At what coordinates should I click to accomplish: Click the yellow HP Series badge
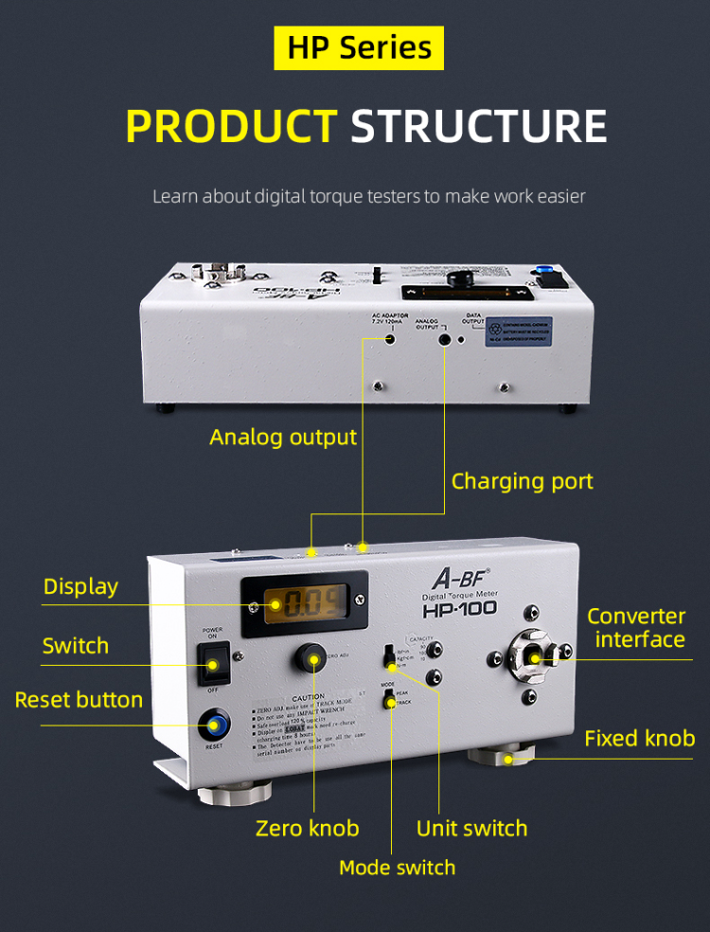[x=359, y=47]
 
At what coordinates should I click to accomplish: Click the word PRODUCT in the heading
[x=231, y=127]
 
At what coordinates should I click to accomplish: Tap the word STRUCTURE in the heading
[x=479, y=127]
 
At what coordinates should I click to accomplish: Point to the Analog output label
[x=283, y=437]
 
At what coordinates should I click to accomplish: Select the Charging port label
[x=522, y=481]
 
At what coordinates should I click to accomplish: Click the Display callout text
[x=80, y=586]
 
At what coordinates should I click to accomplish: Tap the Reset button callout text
[x=79, y=700]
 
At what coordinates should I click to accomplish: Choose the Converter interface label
[x=636, y=627]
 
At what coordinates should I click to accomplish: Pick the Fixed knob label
[x=639, y=738]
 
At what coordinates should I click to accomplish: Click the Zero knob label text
[x=308, y=829]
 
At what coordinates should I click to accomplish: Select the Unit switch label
[x=471, y=829]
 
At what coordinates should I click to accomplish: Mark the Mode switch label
[x=397, y=868]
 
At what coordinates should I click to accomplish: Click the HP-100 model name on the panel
[x=459, y=612]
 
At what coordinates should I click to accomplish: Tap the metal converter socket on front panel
[x=533, y=657]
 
